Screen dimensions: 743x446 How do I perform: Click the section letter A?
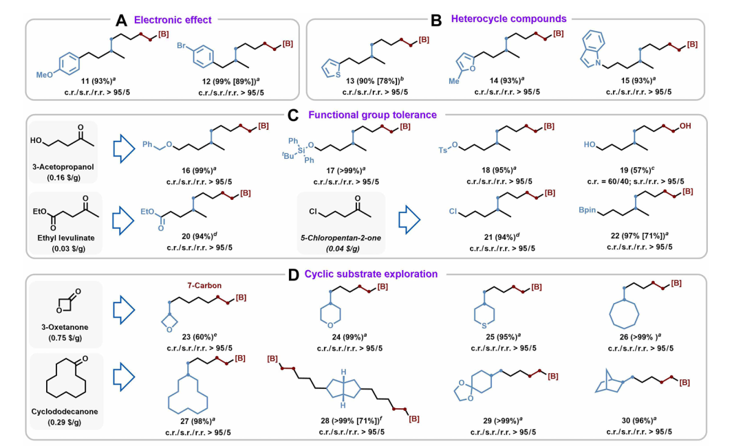(x=121, y=20)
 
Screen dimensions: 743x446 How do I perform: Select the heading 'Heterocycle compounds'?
(x=508, y=19)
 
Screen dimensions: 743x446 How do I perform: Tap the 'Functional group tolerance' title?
(x=372, y=115)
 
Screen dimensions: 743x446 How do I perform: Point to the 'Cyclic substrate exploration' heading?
(x=371, y=274)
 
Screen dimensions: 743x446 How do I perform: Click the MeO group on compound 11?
(x=45, y=75)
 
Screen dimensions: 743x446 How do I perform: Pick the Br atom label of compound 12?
(x=182, y=45)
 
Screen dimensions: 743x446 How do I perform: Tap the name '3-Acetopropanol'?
(x=63, y=167)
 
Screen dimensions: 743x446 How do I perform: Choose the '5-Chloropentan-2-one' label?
(x=341, y=238)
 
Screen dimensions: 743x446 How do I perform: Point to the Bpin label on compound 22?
(x=587, y=210)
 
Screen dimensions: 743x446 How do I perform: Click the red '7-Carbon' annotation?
(x=203, y=285)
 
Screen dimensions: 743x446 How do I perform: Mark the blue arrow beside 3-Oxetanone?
(x=124, y=310)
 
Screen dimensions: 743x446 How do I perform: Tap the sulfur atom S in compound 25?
(x=484, y=326)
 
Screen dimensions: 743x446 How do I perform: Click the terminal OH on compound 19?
(x=685, y=126)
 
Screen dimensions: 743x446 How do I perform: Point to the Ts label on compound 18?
(x=442, y=150)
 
